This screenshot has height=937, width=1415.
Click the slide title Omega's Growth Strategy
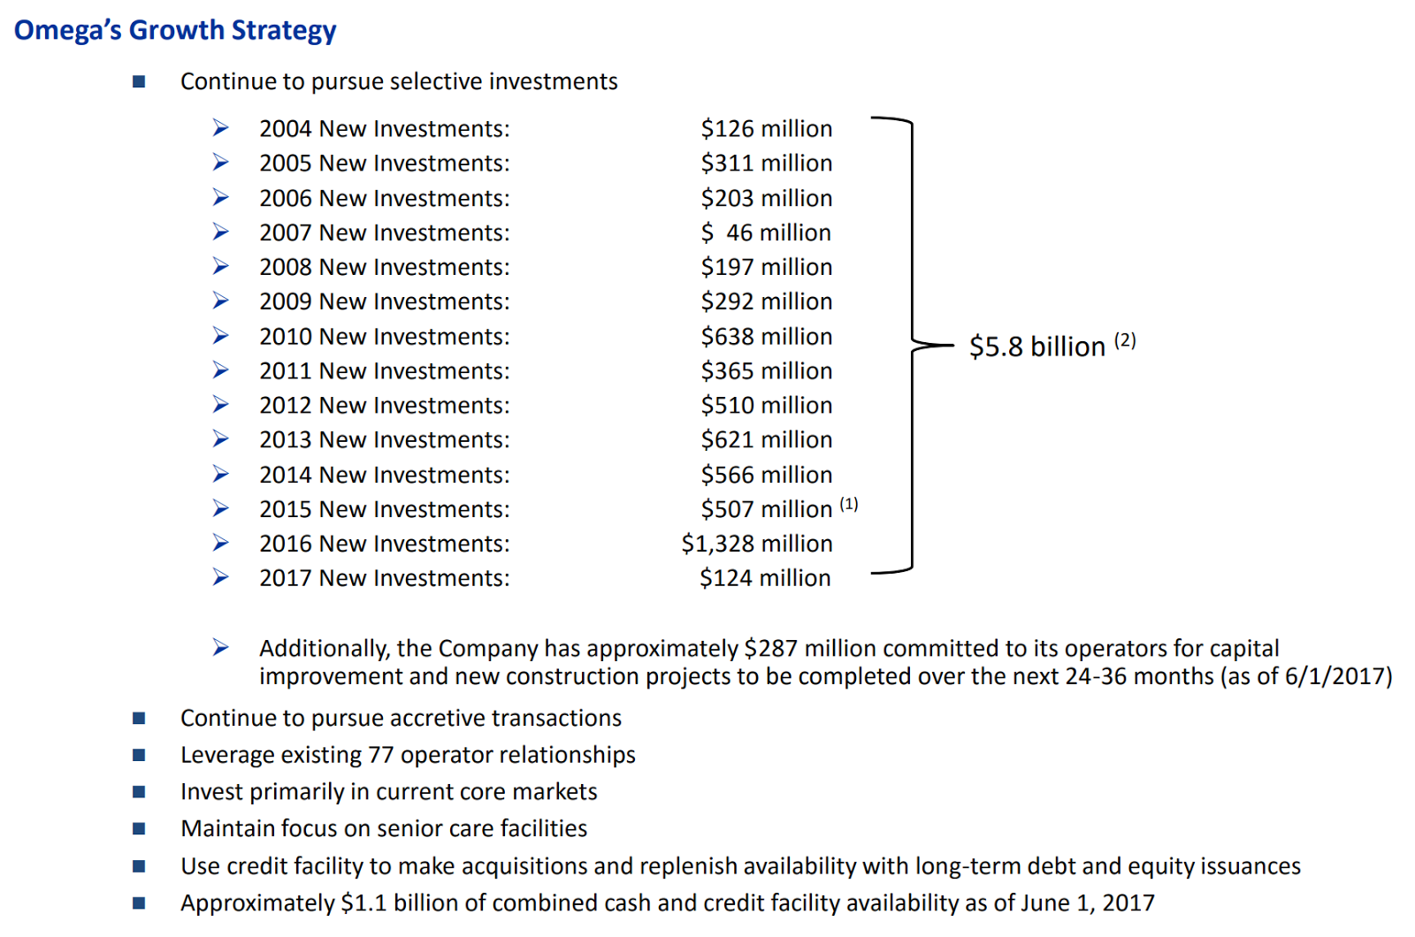175,30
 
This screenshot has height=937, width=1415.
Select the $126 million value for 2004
766,129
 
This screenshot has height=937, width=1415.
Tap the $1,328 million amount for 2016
756,544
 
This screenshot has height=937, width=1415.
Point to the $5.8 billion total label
1036,347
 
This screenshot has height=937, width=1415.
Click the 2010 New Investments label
384,337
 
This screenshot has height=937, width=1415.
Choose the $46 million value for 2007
766,232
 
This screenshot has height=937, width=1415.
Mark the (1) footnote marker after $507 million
849,504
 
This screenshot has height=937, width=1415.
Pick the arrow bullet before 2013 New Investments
221,439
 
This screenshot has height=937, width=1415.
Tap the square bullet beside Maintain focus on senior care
139,828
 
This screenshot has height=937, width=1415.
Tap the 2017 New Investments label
384,578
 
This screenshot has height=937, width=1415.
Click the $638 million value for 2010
766,337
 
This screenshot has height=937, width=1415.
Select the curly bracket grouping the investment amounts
911,345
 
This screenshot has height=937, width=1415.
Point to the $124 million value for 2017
765,578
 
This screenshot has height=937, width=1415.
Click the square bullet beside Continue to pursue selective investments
139,82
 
